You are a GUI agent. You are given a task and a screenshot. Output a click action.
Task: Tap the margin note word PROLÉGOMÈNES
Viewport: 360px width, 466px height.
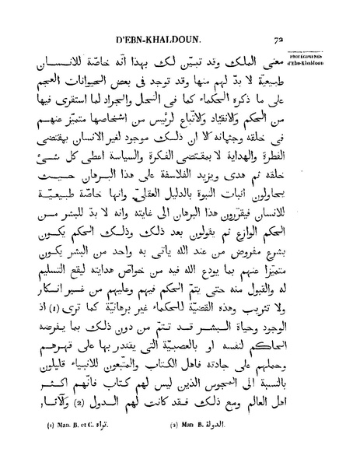click(x=339, y=55)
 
